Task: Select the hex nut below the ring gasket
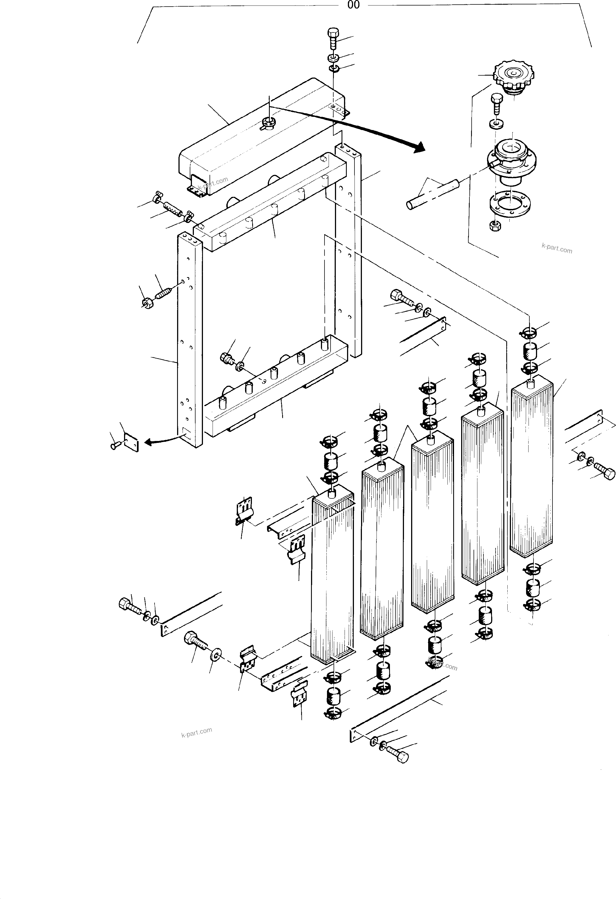(x=494, y=226)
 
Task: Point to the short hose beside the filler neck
(x=432, y=194)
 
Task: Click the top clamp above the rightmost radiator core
(x=529, y=332)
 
